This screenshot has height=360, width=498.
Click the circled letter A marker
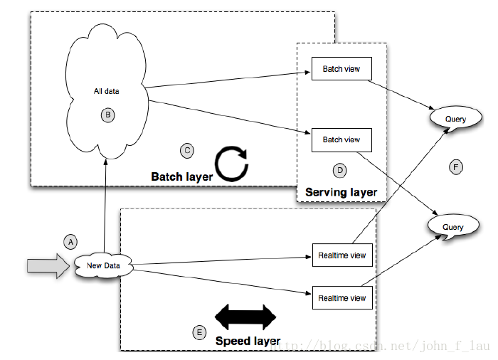point(70,242)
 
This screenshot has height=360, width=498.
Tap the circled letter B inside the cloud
point(108,115)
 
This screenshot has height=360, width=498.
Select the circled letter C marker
point(187,151)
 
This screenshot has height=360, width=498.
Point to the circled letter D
point(340,171)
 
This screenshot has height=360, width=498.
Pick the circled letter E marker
point(199,333)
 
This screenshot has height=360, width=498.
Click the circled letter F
point(456,167)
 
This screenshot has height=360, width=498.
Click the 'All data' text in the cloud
point(107,92)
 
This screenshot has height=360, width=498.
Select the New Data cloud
point(104,265)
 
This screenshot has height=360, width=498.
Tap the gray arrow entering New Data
point(48,266)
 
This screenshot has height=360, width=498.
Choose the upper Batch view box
point(341,68)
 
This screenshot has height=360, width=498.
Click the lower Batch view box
point(341,140)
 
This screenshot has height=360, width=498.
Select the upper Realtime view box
point(342,255)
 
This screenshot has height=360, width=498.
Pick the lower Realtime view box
point(342,297)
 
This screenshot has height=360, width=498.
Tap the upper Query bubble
point(456,118)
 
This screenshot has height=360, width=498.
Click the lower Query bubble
point(453,226)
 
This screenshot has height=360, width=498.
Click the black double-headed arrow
point(245,317)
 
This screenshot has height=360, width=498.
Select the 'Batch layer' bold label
point(182,176)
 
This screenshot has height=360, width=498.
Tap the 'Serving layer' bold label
point(341,192)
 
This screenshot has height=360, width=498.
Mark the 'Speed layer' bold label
point(248,341)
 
